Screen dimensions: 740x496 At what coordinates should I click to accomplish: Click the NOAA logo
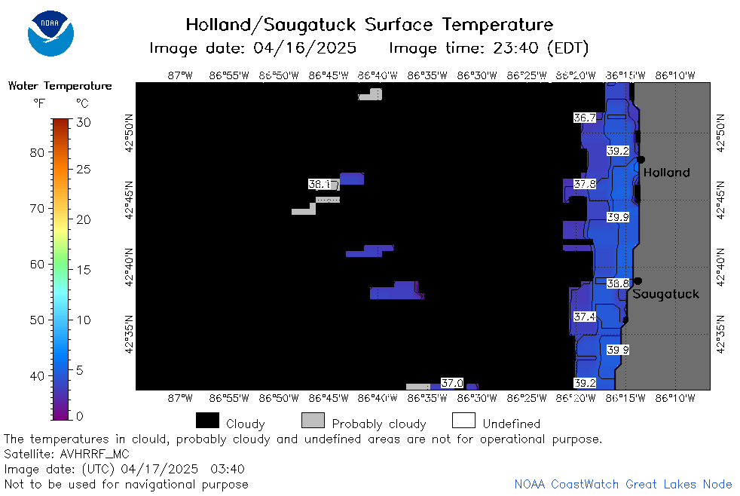coord(50,33)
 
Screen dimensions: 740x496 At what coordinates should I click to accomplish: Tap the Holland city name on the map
coord(666,173)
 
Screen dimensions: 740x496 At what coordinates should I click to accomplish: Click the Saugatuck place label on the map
coord(665,295)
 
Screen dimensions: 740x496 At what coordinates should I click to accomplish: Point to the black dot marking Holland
coord(641,160)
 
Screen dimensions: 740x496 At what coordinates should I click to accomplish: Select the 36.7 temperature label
coord(585,118)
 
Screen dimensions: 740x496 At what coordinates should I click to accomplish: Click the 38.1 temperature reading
coord(320,184)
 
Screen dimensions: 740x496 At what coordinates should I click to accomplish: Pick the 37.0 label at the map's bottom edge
coord(452,383)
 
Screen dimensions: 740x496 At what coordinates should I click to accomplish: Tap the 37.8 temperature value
coord(585,184)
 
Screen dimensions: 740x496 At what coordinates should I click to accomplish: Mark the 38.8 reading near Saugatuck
coord(618,283)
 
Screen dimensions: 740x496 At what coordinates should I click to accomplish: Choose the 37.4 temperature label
coord(585,317)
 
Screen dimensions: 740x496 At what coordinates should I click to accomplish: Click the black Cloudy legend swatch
coord(208,421)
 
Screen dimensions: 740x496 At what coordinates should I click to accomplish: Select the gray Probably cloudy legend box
coord(313,421)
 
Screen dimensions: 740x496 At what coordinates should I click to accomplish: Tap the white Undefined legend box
coord(463,421)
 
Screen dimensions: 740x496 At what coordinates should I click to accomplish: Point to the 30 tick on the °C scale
coord(84,123)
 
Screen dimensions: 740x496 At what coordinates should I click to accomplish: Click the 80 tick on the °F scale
coord(37,153)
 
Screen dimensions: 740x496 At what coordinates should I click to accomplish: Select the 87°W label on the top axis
coord(180,75)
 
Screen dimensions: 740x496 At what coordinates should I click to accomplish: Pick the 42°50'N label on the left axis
coord(129,133)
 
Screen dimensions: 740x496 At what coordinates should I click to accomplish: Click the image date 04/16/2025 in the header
coord(304,48)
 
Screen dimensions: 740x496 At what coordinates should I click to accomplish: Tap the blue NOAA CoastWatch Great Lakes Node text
coord(623,484)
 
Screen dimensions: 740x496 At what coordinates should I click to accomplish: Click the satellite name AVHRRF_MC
coord(94,454)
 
